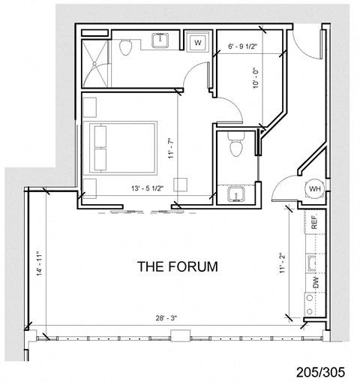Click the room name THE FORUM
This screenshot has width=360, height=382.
pyautogui.click(x=177, y=266)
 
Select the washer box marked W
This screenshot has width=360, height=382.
pyautogui.click(x=196, y=43)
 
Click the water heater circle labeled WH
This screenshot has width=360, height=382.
pyautogui.click(x=313, y=189)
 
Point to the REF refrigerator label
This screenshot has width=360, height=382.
pyautogui.click(x=315, y=222)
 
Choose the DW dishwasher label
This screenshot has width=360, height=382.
pyautogui.click(x=315, y=283)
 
